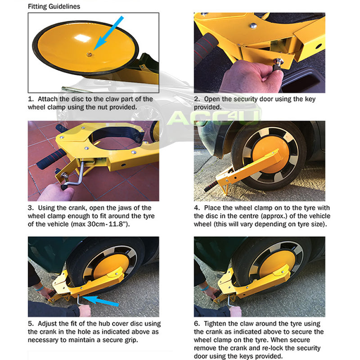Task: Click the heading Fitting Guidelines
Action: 54,6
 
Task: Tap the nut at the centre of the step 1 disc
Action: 89,54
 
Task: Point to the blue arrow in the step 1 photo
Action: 108,33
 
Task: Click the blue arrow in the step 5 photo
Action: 100,301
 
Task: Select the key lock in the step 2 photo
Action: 279,62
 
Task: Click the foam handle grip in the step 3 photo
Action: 51,159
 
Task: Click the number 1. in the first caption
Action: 31,99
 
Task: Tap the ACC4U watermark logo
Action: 213,117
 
